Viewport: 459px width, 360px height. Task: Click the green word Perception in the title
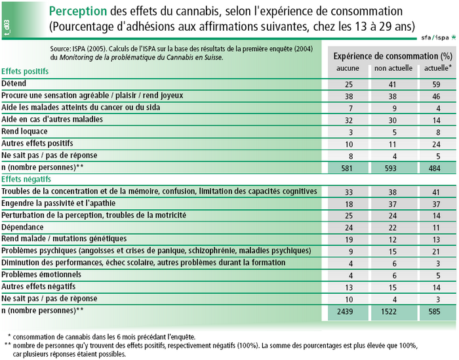point(78,11)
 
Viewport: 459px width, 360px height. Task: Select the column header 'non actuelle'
point(393,68)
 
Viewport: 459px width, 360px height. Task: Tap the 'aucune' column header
point(348,68)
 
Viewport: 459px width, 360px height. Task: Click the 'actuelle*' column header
point(438,68)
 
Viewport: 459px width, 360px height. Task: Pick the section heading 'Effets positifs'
point(25,71)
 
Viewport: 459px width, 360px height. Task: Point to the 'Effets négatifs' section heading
point(26,179)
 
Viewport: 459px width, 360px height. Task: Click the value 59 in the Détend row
point(437,85)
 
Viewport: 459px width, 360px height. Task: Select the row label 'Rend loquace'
point(24,131)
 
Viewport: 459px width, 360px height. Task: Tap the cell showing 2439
point(345,311)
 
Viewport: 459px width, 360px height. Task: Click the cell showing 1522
point(389,311)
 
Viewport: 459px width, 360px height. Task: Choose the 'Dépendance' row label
point(22,227)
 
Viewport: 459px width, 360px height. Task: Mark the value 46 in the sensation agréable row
point(437,96)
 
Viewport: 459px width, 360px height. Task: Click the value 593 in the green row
point(391,169)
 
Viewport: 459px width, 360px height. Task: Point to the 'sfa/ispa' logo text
point(435,37)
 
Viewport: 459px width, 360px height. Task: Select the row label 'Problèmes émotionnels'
point(41,275)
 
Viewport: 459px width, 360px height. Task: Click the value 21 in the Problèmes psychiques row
point(436,251)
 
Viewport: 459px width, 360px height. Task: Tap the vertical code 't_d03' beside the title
point(7,28)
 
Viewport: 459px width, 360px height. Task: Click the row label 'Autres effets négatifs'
point(38,287)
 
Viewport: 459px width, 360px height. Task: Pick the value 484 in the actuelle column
point(434,169)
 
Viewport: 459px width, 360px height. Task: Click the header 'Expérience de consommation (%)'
point(393,56)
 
